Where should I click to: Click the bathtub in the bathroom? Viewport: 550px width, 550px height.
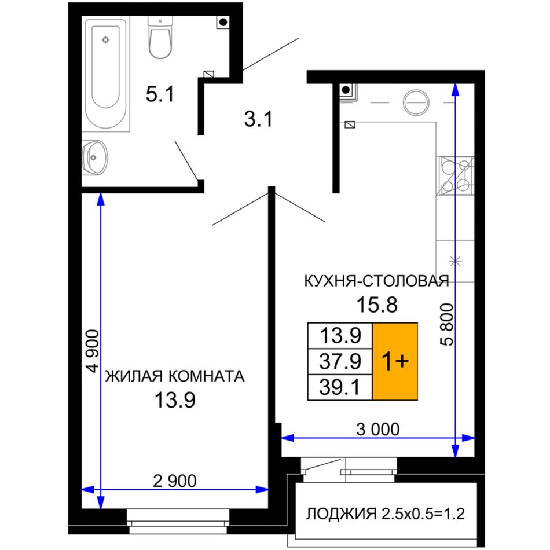point(106,74)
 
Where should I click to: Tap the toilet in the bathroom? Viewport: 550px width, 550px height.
point(160,37)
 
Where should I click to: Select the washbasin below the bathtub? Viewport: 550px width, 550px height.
point(94,158)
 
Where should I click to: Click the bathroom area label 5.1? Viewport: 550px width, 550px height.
point(160,94)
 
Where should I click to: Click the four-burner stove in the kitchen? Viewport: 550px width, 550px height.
point(455,175)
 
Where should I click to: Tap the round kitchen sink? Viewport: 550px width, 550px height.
point(416,103)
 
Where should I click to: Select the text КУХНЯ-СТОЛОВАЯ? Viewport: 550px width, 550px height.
point(376,281)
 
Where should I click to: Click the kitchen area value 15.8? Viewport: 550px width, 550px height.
point(377,305)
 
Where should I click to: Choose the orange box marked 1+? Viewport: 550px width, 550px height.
point(395,361)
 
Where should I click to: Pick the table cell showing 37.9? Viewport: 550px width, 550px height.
point(340,361)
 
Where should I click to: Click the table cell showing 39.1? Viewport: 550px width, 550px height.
point(340,387)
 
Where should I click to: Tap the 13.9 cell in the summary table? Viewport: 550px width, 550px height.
point(340,336)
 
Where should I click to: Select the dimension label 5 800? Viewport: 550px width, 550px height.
point(447,325)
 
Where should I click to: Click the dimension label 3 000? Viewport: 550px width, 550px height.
point(378,429)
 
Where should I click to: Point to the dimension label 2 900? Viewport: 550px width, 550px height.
point(175,481)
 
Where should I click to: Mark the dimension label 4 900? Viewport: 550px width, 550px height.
point(93,351)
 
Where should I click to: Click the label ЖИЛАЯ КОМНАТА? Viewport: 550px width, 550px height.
point(175,376)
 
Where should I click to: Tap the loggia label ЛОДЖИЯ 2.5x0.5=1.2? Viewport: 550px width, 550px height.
point(386,514)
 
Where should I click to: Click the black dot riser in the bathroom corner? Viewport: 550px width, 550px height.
point(223,22)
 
